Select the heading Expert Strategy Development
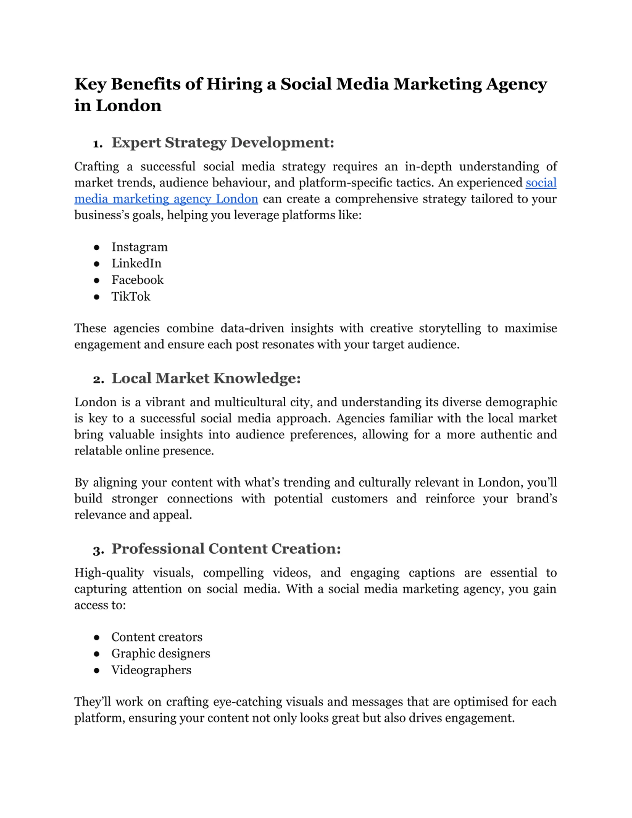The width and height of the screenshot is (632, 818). pyautogui.click(x=222, y=143)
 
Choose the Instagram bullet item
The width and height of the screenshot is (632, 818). pyautogui.click(x=139, y=247)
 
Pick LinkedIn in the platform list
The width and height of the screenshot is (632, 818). pyautogui.click(x=136, y=264)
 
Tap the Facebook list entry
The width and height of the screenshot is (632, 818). pyautogui.click(x=138, y=280)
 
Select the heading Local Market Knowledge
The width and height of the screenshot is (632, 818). pyautogui.click(x=206, y=378)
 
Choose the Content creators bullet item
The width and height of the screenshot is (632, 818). pyautogui.click(x=157, y=637)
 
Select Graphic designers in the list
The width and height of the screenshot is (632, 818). pyautogui.click(x=161, y=654)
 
